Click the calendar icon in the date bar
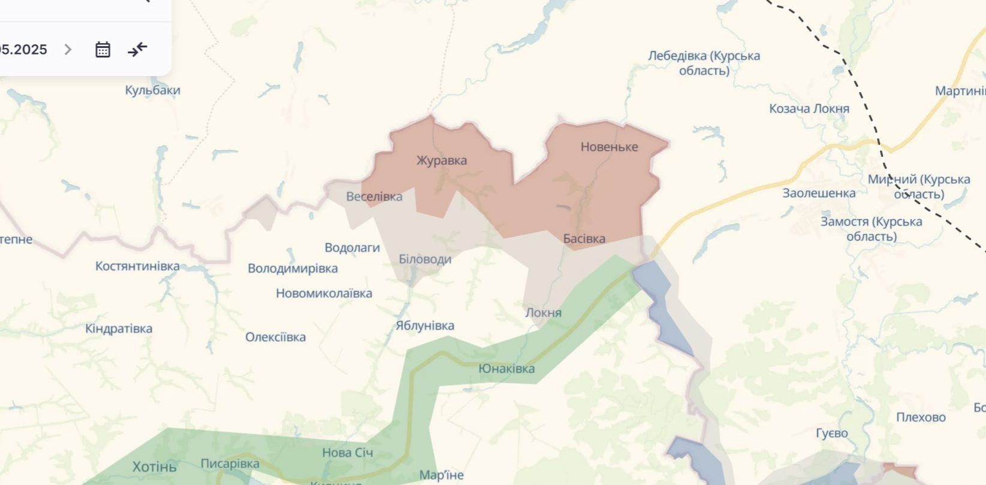point(102,50)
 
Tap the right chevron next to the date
point(68,50)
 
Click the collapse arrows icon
point(137,50)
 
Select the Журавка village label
point(441,160)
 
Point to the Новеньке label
point(609,147)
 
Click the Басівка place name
point(584,238)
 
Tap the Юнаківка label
point(506,369)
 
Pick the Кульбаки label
point(152,90)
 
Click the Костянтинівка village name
point(137,266)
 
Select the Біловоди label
point(425,259)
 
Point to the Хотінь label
point(154,466)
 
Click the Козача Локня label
point(809,109)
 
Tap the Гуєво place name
point(831,433)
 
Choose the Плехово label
point(921,417)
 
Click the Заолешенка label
point(819,193)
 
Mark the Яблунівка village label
point(424,326)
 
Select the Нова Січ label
point(347,453)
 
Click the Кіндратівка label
point(119,329)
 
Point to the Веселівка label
point(374,196)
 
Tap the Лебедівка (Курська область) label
point(704,63)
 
